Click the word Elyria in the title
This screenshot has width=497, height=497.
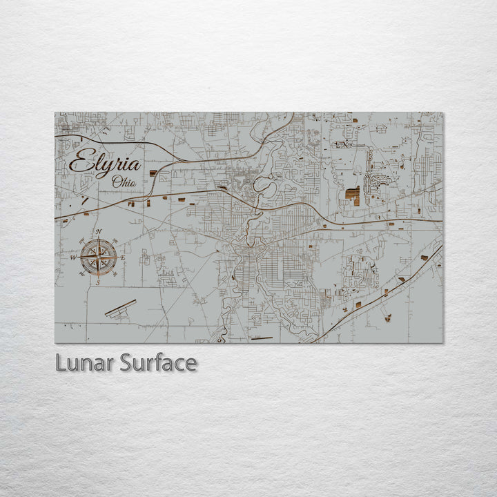(x=106, y=164)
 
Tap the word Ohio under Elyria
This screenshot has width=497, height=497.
(x=124, y=182)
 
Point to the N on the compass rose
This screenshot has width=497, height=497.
(x=98, y=232)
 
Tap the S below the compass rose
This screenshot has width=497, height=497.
(x=98, y=282)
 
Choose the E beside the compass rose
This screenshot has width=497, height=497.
(x=123, y=258)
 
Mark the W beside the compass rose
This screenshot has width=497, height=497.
(x=73, y=257)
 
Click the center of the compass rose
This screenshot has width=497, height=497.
(x=98, y=257)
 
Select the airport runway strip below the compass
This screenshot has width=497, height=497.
(x=121, y=309)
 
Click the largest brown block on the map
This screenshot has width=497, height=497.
(x=353, y=196)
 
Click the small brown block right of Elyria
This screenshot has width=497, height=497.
(x=153, y=173)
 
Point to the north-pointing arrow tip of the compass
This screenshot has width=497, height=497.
(x=98, y=239)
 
